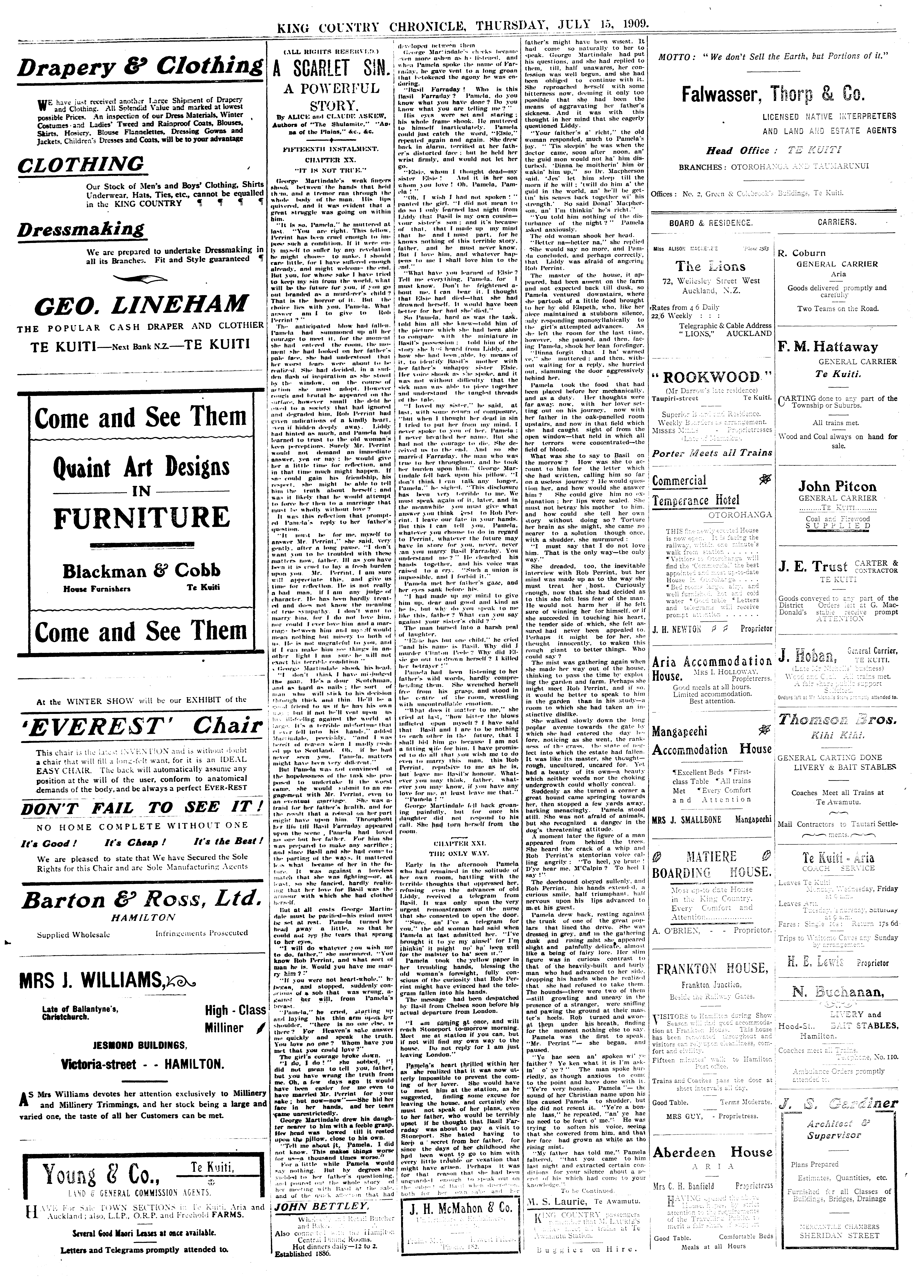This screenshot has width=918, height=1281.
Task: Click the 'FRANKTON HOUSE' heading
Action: click(712, 969)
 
